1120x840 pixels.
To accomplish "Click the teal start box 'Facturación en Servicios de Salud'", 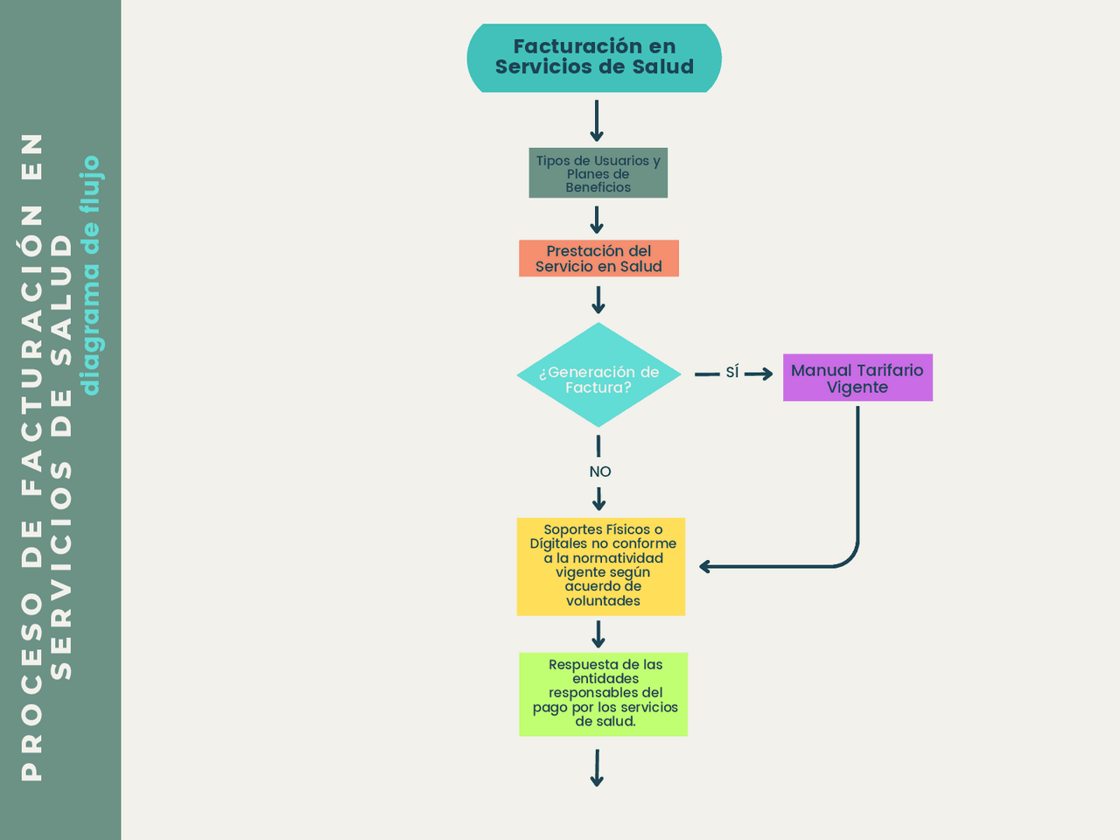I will click(x=594, y=58).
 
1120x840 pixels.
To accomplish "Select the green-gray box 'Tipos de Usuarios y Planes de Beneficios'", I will click(x=598, y=173).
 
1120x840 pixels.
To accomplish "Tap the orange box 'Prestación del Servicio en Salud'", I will click(x=598, y=259).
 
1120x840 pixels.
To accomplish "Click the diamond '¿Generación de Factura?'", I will click(x=598, y=376).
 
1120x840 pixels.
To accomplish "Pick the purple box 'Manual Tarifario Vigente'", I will click(x=857, y=378).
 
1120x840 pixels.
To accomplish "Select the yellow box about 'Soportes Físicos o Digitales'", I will click(x=601, y=566).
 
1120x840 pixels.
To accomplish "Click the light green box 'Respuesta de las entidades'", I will click(x=603, y=694).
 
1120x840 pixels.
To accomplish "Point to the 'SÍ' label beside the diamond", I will click(x=732, y=373).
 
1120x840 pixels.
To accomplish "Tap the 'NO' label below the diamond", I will click(x=600, y=472).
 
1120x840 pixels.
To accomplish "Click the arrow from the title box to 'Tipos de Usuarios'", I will click(x=597, y=121).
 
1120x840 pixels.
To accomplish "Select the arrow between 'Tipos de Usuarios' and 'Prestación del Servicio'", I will click(x=597, y=219).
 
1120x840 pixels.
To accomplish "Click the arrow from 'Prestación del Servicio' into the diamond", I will click(x=598, y=300).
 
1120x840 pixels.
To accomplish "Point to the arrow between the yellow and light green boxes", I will click(x=598, y=634).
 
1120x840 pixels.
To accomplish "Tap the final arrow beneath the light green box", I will click(x=597, y=768).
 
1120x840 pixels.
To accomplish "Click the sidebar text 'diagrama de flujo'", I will click(x=91, y=276).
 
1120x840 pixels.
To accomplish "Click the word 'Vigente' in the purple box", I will click(x=857, y=388).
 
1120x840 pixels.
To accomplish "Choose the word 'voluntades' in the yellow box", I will click(x=603, y=601).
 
